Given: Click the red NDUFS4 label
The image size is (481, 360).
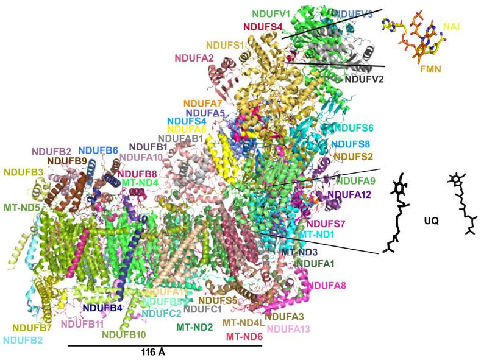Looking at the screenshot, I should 263,27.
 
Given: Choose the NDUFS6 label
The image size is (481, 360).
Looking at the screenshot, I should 356,129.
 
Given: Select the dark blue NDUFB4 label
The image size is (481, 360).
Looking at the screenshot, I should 103,308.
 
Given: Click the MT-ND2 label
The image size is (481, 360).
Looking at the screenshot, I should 194,327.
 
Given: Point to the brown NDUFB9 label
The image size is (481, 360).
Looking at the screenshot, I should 69,161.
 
